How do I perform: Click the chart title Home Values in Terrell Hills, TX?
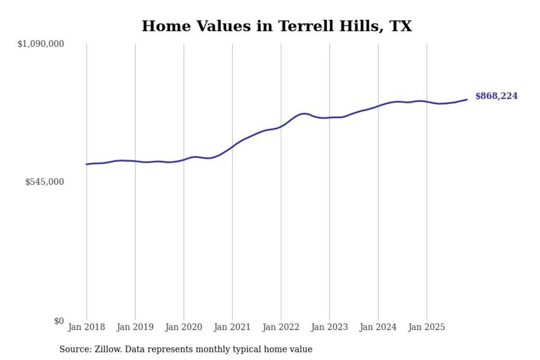[x=276, y=26]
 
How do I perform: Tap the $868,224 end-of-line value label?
[x=496, y=96]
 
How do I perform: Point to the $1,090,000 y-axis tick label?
[x=40, y=44]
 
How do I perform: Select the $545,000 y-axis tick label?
[x=44, y=182]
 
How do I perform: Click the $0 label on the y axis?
[x=59, y=321]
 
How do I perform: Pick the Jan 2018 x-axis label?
[x=86, y=328]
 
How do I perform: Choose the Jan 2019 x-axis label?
[x=135, y=328]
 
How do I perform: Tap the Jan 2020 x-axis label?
[x=184, y=328]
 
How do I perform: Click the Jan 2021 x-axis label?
[x=232, y=328]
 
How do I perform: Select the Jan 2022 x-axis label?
[x=281, y=328]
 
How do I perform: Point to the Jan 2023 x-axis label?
[x=329, y=328]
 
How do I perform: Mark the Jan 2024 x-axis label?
[x=378, y=328]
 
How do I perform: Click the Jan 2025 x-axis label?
[x=427, y=328]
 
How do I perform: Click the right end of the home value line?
[x=467, y=100]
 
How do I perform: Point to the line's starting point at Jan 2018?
[x=87, y=164]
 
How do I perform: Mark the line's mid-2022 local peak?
[x=304, y=114]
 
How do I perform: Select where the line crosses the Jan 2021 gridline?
[x=232, y=147]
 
